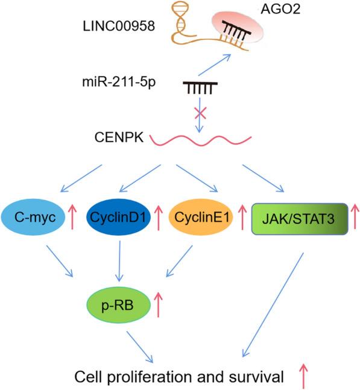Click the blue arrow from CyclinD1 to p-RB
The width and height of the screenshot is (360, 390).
(x=122, y=260)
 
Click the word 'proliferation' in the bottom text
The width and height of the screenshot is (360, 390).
(x=139, y=377)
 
